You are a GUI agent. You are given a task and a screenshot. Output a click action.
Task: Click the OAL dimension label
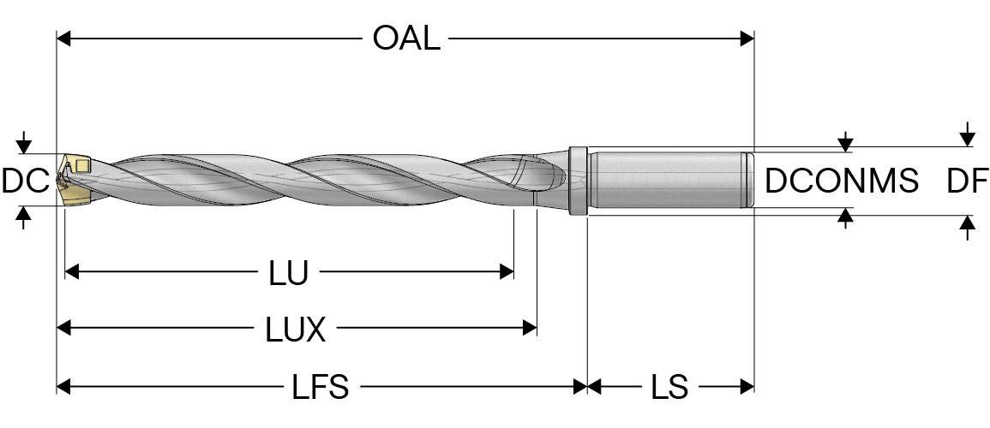click(x=405, y=39)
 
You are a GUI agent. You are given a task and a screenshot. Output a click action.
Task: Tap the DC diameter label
click(x=24, y=181)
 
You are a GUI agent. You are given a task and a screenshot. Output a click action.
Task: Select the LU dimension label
click(x=288, y=273)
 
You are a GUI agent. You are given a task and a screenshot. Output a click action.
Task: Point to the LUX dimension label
click(x=294, y=330)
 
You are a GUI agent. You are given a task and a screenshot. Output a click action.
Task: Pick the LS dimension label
click(x=669, y=387)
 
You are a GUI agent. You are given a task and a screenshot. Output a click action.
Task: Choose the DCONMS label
click(x=842, y=181)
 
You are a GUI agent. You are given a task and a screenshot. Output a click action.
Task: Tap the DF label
click(x=967, y=181)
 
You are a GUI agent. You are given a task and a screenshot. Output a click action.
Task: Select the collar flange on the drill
click(x=578, y=180)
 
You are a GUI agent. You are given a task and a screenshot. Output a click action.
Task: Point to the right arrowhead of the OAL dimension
click(x=747, y=39)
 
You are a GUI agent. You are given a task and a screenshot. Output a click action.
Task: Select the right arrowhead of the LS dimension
click(x=747, y=387)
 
